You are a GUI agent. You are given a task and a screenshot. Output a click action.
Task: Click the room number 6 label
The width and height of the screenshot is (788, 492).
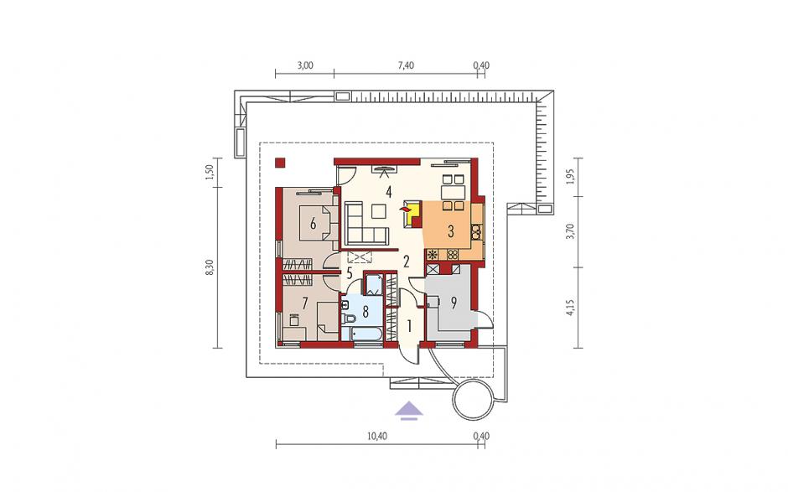pos(313,224)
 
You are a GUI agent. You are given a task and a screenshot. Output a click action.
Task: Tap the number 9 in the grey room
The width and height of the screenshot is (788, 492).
pos(454,303)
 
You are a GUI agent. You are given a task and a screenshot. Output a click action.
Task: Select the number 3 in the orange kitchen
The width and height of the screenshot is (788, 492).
pos(451,231)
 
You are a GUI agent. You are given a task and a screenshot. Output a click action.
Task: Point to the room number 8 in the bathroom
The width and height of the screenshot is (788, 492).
pos(365,312)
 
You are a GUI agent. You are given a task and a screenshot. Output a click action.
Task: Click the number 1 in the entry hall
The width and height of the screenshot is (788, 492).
pos(409,327)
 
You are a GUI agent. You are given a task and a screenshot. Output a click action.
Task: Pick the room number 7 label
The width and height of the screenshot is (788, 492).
pos(304,303)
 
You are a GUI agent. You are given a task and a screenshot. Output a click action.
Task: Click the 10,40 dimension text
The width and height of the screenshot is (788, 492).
pos(377,436)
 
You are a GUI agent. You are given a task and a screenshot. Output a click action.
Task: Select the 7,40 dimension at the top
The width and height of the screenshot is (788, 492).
pos(406,65)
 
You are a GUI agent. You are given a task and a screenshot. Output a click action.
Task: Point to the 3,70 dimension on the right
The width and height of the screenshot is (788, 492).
pos(569,231)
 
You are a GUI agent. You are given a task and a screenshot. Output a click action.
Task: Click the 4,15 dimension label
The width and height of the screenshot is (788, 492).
pos(569,307)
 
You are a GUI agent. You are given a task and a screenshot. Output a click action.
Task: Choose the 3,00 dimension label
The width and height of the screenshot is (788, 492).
pos(305,65)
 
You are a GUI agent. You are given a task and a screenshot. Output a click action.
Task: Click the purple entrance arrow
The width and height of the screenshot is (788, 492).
pos(408,410)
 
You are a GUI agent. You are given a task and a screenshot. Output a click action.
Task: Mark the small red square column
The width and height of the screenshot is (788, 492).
pos(280,163)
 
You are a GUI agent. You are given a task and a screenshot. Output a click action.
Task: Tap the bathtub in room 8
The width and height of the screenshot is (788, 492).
pos(362,334)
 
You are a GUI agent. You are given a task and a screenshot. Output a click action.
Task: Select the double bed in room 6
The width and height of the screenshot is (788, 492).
pos(318,223)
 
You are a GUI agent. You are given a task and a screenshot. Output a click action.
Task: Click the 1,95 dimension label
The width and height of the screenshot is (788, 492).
pos(569,177)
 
